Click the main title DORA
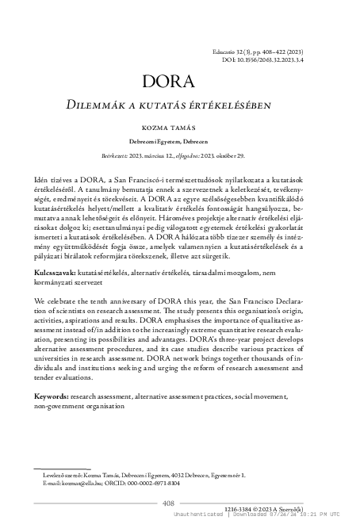pyautogui.click(x=179, y=82)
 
